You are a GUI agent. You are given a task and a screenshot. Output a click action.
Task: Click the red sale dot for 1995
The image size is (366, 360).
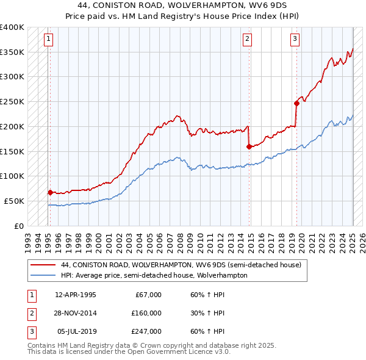[x=50, y=192]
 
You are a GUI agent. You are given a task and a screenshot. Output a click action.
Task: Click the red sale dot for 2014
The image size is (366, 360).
[x=249, y=146]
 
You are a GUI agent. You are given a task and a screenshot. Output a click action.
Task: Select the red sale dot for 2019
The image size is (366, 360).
[x=296, y=103]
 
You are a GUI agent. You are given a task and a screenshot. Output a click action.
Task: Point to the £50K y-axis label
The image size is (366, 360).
[x=15, y=201]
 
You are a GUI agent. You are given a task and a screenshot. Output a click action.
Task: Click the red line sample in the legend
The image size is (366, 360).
[x=43, y=265]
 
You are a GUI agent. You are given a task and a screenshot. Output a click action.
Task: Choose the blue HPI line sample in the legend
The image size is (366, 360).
[x=43, y=275]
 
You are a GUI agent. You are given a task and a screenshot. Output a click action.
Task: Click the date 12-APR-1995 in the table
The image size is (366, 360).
[x=76, y=295]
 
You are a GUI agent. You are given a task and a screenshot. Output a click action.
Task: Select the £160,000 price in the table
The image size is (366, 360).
[x=146, y=313]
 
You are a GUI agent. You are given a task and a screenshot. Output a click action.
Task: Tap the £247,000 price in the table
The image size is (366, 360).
[x=146, y=331]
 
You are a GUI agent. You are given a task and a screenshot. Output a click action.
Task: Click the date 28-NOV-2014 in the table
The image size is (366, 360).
[x=76, y=313]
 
